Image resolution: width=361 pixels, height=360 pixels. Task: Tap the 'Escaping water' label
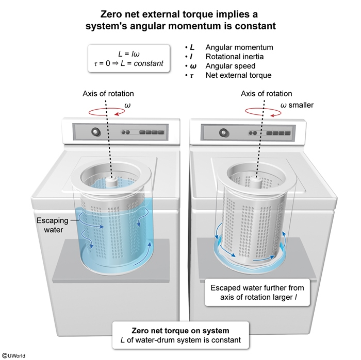click(52, 225)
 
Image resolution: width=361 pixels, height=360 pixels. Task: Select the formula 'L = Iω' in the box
click(128, 54)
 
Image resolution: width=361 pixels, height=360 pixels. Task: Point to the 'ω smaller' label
click(297, 106)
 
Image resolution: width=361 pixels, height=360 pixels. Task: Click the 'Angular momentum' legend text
click(239, 47)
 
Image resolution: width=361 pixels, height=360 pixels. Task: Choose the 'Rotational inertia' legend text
click(237, 57)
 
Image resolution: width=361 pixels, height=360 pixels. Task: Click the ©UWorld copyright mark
click(14, 355)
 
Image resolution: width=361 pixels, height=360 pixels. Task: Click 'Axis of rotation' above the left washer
click(108, 94)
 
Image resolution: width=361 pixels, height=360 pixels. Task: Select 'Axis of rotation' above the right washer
click(266, 94)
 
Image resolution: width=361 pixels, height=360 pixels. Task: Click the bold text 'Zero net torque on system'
click(177, 331)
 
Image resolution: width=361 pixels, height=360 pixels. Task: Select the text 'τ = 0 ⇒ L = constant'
click(128, 63)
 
